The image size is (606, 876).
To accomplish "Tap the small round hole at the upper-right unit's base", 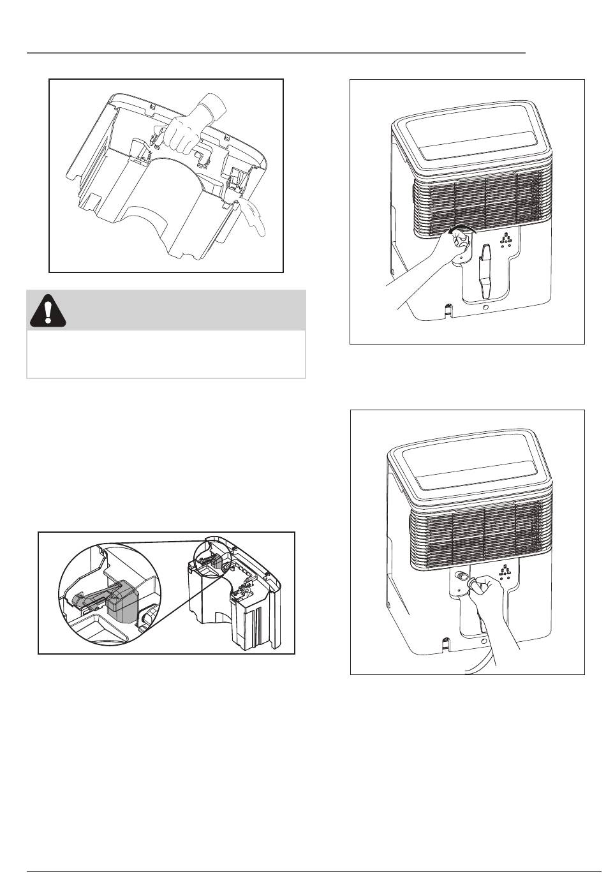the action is tap(486, 308).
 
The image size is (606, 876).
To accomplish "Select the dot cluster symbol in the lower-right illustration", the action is tap(506, 571).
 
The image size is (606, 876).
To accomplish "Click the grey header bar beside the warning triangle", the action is tap(185, 310).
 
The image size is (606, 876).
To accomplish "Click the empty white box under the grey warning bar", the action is tap(166, 353).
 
